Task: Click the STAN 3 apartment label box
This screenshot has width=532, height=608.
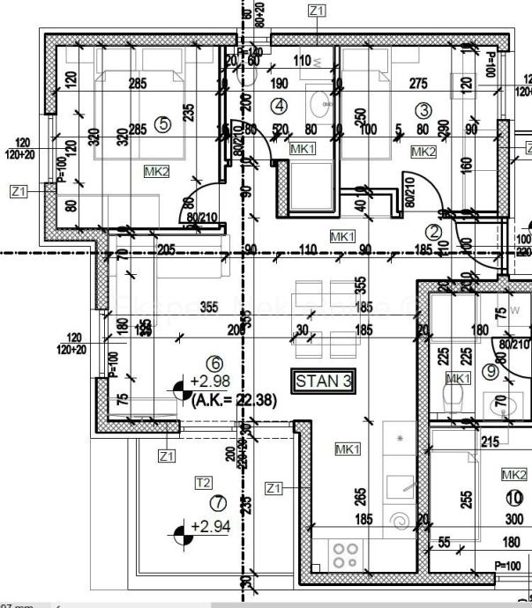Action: point(323,382)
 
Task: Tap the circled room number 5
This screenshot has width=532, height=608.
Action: point(163,124)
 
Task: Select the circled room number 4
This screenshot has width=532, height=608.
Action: point(280,107)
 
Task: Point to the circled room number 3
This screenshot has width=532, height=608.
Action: point(423,110)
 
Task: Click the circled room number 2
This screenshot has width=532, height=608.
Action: point(433,232)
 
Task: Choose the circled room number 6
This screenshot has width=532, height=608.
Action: point(212,362)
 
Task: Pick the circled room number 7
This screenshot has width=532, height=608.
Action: point(219,503)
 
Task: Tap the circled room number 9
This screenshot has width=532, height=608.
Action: point(492,371)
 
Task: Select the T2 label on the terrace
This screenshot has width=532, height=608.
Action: point(204,482)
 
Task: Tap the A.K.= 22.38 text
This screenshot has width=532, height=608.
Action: point(234,399)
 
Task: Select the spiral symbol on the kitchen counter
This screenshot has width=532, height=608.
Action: point(402,522)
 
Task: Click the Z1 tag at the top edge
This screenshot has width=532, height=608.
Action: point(317,10)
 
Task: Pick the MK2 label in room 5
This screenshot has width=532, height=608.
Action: point(159,171)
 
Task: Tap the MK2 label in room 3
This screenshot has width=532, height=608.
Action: point(423,152)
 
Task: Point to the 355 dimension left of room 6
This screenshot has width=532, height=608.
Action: point(210,308)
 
